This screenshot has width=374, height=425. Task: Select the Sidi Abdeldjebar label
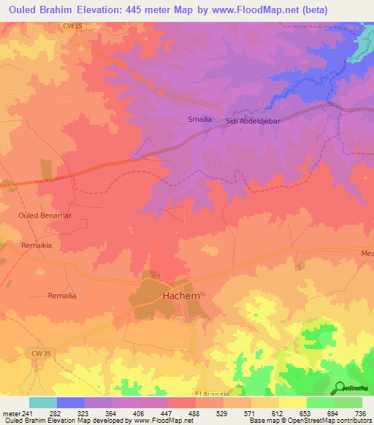click(x=253, y=122)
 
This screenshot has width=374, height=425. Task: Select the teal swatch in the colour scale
click(x=43, y=402)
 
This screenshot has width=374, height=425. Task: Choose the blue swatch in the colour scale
click(x=71, y=402)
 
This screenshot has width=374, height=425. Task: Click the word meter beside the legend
click(x=11, y=413)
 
